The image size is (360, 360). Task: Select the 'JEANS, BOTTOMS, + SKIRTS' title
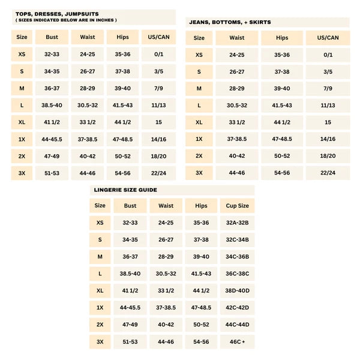pyautogui.click(x=230, y=22)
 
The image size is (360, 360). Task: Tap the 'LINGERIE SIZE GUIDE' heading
pyautogui.click(x=125, y=190)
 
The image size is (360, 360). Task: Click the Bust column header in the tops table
pyautogui.click(x=52, y=37)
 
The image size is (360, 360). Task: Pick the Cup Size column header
pyautogui.click(x=237, y=206)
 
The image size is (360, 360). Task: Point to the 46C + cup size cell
pyautogui.click(x=237, y=341)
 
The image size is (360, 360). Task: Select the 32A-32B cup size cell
pyautogui.click(x=237, y=223)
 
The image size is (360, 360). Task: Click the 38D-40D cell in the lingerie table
pyautogui.click(x=237, y=290)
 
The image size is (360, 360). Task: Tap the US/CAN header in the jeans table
pyautogui.click(x=328, y=37)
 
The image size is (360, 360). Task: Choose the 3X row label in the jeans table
pyautogui.click(x=199, y=172)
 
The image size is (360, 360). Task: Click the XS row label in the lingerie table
pyautogui.click(x=100, y=223)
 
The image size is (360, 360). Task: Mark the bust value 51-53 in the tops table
pyautogui.click(x=52, y=173)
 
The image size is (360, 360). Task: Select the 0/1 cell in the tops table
pyautogui.click(x=158, y=54)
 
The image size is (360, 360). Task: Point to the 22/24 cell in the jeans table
pyautogui.click(x=328, y=172)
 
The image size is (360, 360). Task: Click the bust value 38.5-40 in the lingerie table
pyautogui.click(x=130, y=274)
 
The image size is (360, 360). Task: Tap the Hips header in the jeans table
pyautogui.click(x=282, y=37)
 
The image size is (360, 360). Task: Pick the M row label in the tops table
pyautogui.click(x=22, y=88)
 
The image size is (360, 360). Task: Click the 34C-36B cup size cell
pyautogui.click(x=237, y=257)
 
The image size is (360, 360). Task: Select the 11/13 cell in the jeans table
pyautogui.click(x=328, y=105)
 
